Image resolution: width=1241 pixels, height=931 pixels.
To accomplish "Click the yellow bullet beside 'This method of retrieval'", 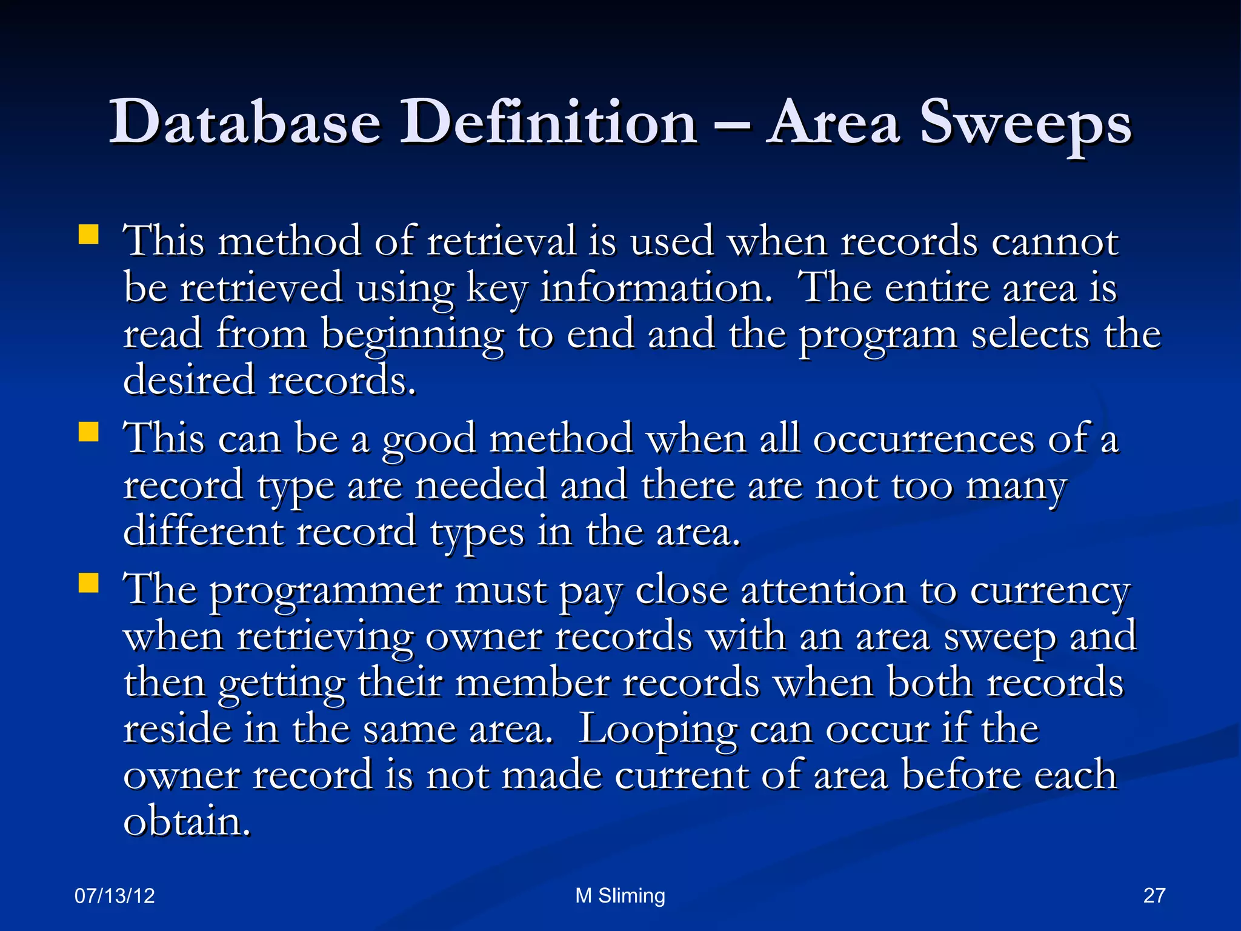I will (x=89, y=235).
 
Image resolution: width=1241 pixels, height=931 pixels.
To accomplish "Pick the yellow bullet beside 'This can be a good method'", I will (x=89, y=433).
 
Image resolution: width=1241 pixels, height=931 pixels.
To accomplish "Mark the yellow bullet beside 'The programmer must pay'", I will (x=89, y=583).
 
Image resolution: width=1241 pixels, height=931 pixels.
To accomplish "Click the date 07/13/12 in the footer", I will (x=115, y=895).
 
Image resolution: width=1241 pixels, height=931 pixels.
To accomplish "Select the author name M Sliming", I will (x=620, y=895).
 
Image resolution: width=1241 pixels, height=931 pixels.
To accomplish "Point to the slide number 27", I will (x=1154, y=895).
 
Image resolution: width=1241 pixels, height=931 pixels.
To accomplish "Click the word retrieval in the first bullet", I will (x=501, y=241).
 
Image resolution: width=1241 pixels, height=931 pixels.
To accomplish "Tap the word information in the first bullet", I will (x=656, y=287).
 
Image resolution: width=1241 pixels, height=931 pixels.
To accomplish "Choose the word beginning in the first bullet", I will (x=412, y=335).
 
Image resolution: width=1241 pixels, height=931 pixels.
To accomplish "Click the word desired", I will (x=188, y=380).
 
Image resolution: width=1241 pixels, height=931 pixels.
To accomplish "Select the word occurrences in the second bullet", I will (x=923, y=438).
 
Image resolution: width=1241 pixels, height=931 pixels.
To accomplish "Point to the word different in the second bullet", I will (x=203, y=532).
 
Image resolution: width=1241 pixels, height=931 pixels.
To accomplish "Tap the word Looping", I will (x=657, y=730).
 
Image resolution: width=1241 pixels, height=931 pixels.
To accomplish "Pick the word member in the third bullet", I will (x=532, y=683).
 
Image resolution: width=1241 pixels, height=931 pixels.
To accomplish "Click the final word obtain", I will (x=186, y=821).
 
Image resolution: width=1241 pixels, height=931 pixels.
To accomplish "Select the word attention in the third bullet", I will (x=823, y=590).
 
